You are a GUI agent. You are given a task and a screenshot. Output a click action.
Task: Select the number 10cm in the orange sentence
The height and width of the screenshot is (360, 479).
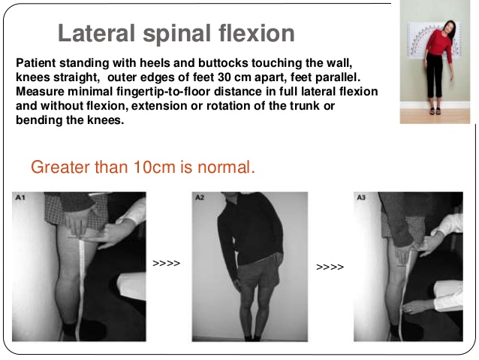tap(153, 168)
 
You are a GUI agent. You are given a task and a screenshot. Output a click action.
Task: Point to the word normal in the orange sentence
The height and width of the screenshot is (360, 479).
tap(227, 168)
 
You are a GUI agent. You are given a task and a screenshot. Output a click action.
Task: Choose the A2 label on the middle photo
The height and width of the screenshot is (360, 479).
tap(200, 197)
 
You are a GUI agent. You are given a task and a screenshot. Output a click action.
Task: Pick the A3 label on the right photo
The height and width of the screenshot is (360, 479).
tap(361, 197)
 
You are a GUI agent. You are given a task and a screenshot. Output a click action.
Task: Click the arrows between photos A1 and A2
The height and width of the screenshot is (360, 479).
tap(166, 264)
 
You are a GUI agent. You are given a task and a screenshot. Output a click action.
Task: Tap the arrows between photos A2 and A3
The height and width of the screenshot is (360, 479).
tap(330, 267)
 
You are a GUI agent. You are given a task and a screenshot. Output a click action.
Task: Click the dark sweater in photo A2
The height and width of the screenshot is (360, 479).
tap(247, 233)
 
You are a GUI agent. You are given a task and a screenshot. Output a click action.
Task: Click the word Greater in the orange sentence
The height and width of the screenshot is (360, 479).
tap(60, 168)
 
